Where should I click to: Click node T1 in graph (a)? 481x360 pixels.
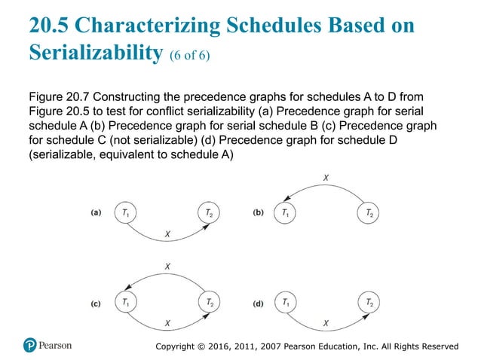[x=125, y=213]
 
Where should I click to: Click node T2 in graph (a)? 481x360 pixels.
[x=208, y=213]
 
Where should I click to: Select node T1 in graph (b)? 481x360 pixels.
[x=285, y=213]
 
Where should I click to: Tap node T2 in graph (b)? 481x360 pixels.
[x=367, y=213]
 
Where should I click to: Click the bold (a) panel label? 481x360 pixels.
[x=96, y=213]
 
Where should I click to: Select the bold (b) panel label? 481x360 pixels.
[x=258, y=213]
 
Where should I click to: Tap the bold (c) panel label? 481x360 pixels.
[x=96, y=304]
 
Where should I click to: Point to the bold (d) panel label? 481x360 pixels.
[x=258, y=304]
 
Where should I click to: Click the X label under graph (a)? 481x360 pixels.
[x=167, y=235]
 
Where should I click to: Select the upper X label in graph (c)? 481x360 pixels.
[x=167, y=267]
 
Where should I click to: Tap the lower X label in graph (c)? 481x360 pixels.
[x=167, y=323]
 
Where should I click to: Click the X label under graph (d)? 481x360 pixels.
[x=326, y=323]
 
